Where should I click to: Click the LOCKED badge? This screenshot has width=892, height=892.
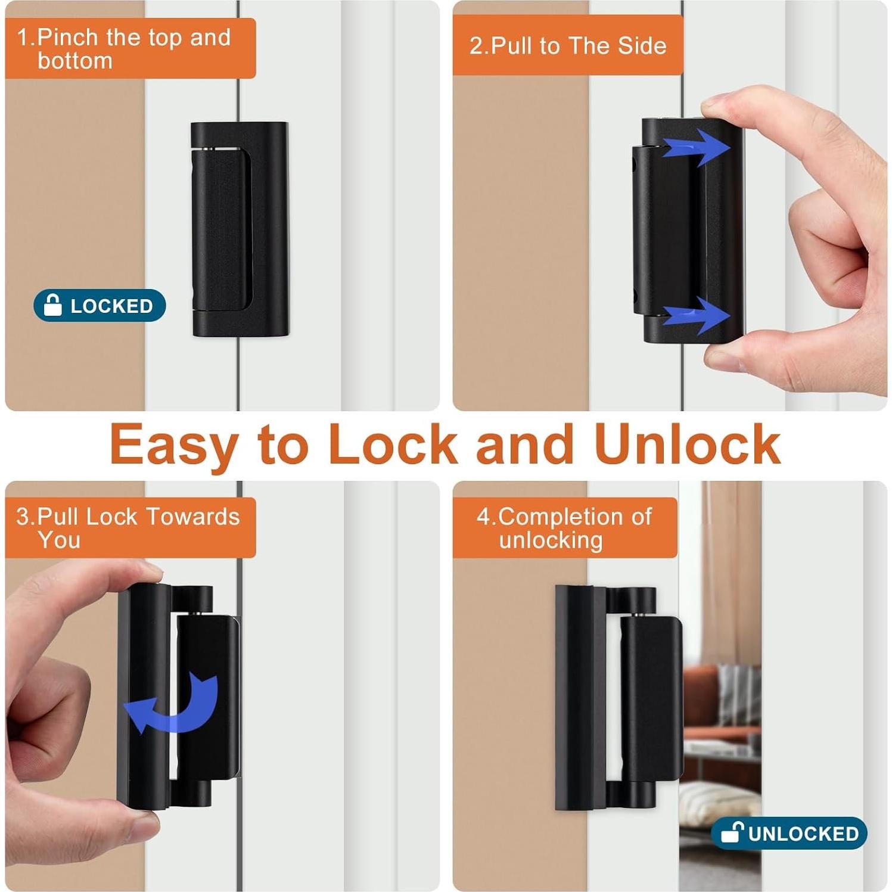(x=100, y=306)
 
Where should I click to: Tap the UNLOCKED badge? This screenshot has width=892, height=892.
(x=788, y=833)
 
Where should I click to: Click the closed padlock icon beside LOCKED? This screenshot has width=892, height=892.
(x=53, y=305)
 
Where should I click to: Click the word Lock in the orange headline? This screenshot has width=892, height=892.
(x=393, y=444)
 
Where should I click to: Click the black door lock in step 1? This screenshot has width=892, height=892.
(x=240, y=229)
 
